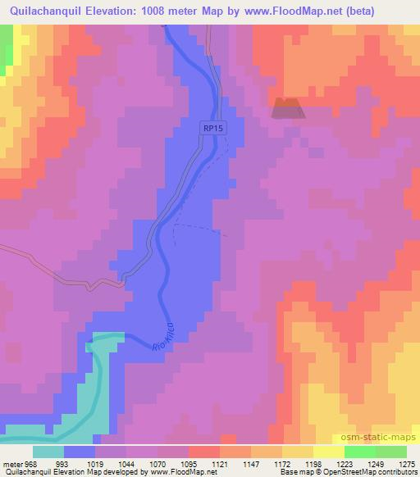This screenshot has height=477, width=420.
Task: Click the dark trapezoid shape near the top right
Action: pos(286,107)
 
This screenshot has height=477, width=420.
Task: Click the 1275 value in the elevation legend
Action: pos(405,463)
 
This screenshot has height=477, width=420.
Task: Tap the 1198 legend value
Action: pos(312,463)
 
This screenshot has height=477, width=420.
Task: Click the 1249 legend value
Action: pos(374,463)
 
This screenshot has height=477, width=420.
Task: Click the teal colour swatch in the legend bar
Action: pos(48,452)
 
